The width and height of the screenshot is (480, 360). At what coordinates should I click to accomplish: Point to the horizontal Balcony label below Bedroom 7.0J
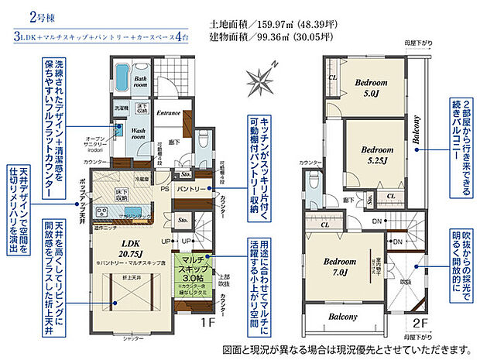341,317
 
